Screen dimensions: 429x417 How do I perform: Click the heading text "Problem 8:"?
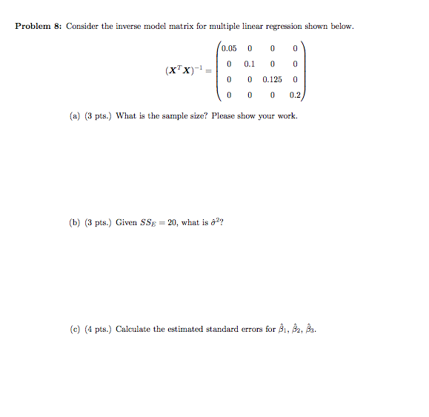pos(39,27)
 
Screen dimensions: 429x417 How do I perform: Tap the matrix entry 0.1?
pos(250,64)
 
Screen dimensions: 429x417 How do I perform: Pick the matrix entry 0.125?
pos(273,79)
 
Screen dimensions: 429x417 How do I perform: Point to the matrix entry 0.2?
pos(296,95)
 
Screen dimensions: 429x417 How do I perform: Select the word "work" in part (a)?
pos(287,116)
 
